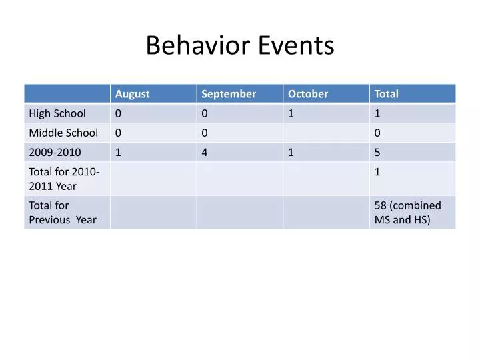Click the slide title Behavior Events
[240, 45]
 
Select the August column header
[132, 94]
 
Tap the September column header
[228, 94]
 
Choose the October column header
[307, 94]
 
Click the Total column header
[386, 94]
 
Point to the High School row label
[57, 113]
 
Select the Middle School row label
[63, 133]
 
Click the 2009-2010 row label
[55, 152]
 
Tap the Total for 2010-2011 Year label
[64, 179]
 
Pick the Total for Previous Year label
[63, 212]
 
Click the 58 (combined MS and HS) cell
[407, 212]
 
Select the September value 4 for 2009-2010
[205, 152]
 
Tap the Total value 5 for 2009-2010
[377, 152]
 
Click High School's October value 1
[291, 113]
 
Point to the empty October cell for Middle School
[326, 133]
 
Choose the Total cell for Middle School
[377, 133]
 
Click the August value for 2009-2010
[118, 152]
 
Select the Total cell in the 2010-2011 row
[377, 172]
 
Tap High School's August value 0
[118, 113]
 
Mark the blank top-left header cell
[67, 94]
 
